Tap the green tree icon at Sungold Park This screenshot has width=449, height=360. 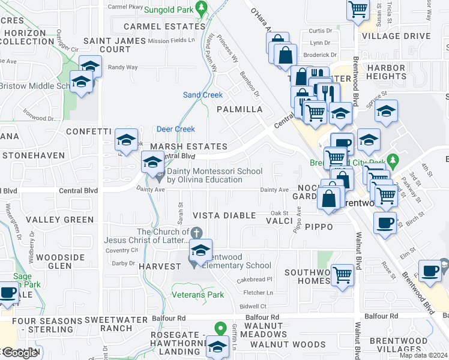pos(202,8)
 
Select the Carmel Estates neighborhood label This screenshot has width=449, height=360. pos(159,26)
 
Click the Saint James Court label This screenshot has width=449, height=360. pos(115,44)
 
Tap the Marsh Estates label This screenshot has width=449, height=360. pos(188,146)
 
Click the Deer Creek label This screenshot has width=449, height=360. pos(176,129)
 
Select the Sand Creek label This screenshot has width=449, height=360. pos(202,95)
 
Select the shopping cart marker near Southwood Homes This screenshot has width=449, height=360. pos(342,275)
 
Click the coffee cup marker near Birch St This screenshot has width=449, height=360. pos(385,222)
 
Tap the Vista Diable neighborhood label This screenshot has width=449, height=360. pos(224,215)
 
